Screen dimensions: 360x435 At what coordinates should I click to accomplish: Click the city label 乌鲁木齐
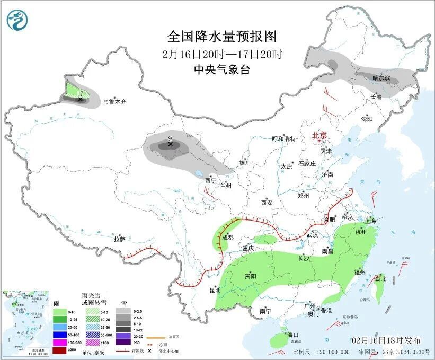click(115, 102)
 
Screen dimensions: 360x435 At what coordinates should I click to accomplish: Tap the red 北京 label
click(321, 135)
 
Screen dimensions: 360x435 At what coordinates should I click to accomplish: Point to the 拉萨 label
click(119, 239)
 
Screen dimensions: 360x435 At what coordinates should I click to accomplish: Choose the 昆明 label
click(215, 289)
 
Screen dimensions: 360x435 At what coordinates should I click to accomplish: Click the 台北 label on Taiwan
click(380, 278)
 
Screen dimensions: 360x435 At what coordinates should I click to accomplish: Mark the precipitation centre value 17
click(80, 93)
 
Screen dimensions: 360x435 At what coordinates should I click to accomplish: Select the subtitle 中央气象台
click(222, 69)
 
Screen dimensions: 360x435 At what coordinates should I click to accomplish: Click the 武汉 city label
click(312, 235)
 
